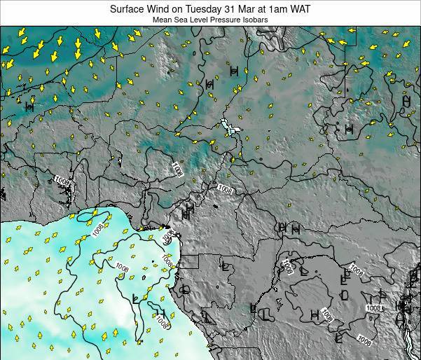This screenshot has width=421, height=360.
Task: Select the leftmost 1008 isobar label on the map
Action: [x=62, y=181]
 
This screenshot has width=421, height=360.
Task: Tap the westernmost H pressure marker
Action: [x=29, y=106]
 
